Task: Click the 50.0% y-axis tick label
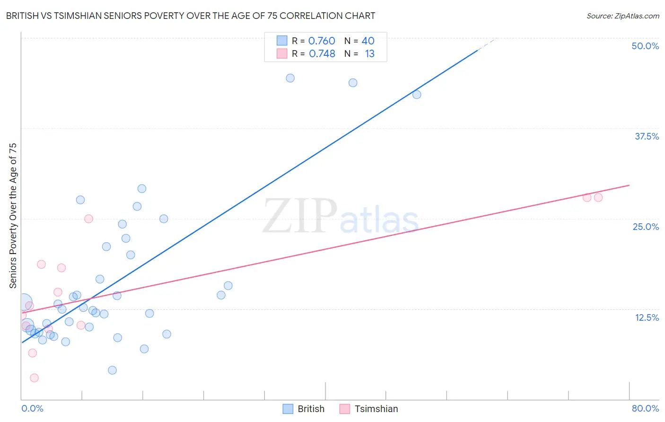(645, 46)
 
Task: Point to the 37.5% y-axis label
(647, 136)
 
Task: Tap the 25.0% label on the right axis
(646, 227)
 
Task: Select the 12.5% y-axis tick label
(647, 317)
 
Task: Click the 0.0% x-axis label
(32, 408)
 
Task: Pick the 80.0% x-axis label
(645, 408)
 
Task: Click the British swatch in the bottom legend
(288, 409)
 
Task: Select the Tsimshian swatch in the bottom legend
(345, 409)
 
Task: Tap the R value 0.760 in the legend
(322, 41)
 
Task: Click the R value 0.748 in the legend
(322, 54)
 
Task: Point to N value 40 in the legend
(368, 41)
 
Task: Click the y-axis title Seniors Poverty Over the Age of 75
(13, 215)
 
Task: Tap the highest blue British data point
(290, 78)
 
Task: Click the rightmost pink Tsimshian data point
(598, 197)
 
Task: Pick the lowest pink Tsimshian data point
(34, 378)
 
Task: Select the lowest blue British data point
(112, 370)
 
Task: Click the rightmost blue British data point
(417, 95)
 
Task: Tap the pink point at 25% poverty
(88, 219)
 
